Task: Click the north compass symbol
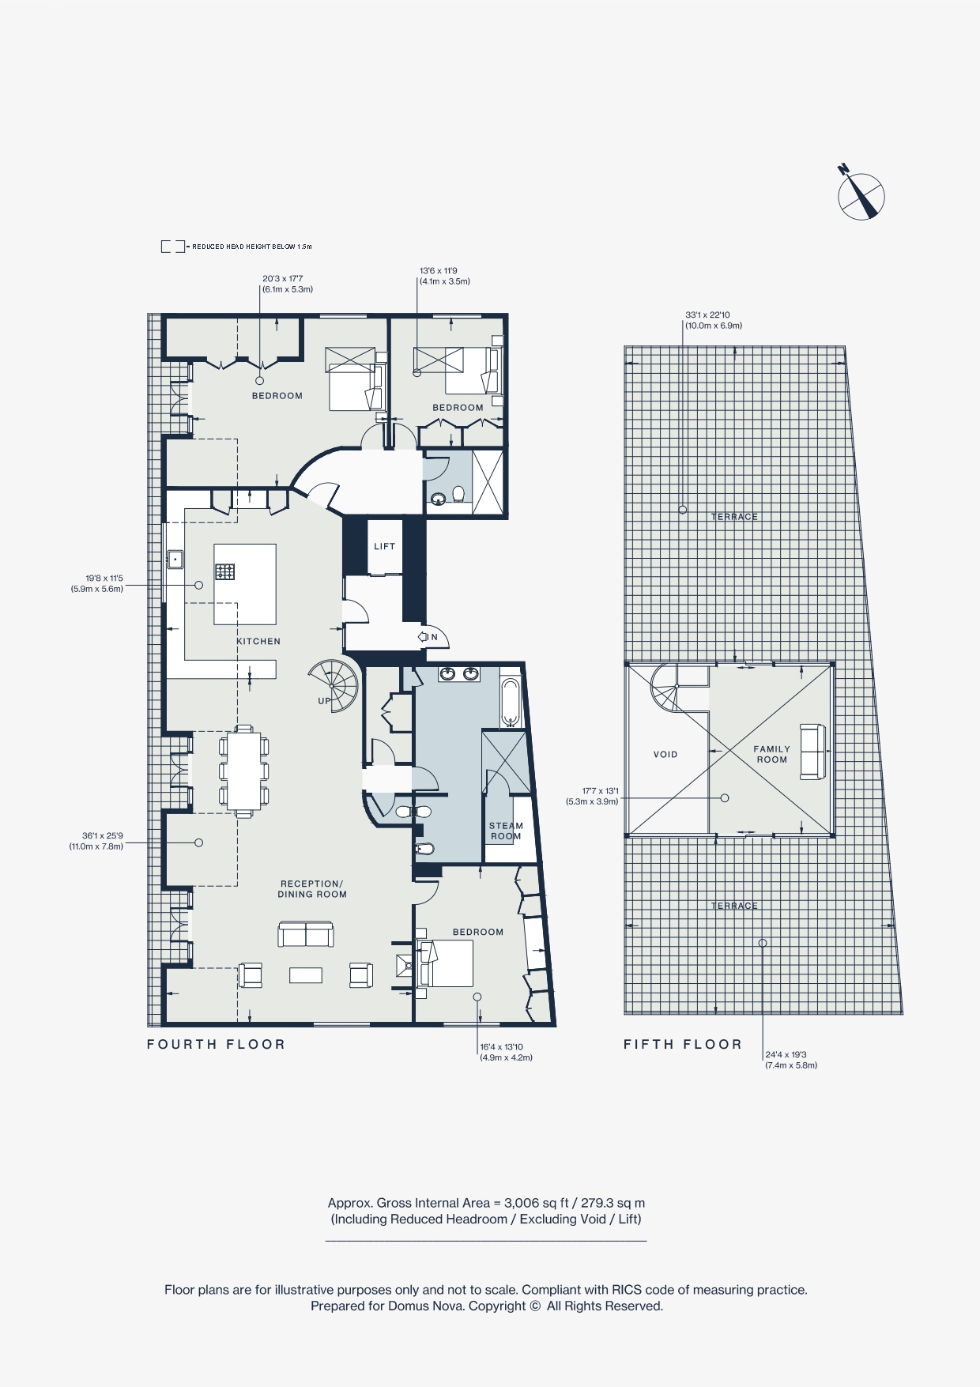point(861,195)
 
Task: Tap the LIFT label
point(385,546)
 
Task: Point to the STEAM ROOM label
point(506,831)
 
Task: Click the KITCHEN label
point(258,641)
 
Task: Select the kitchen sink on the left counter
point(174,560)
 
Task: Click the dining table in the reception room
point(243,771)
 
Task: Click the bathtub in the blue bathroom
point(511,702)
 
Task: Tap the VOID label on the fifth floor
point(665,754)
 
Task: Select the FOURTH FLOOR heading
point(216,1044)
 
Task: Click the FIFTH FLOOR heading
point(683,1044)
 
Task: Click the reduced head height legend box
point(173,247)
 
